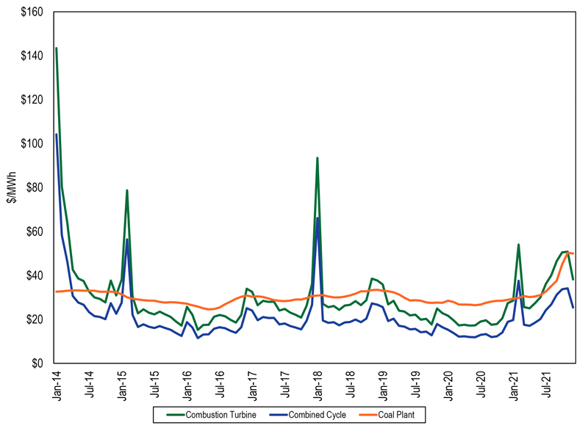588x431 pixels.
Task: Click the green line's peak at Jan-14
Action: point(57,48)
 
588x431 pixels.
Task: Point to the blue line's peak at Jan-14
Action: point(57,134)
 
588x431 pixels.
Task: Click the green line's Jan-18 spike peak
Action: point(318,158)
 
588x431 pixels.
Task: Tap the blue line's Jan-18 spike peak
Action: point(318,218)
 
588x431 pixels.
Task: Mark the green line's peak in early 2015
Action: point(127,190)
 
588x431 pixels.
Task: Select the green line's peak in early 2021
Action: point(519,245)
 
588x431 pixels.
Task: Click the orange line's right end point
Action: point(573,254)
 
